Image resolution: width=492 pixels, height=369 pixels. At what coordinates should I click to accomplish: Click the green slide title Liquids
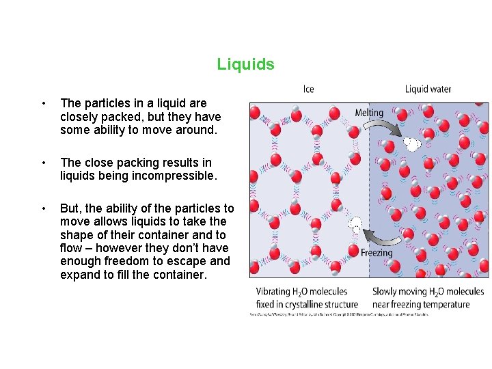pyautogui.click(x=245, y=64)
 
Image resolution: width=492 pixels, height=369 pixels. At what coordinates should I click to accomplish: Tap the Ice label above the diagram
pyautogui.click(x=309, y=89)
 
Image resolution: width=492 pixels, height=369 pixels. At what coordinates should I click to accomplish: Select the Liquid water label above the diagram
pyautogui.click(x=428, y=89)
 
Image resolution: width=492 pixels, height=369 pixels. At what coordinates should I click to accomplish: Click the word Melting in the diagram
pyautogui.click(x=369, y=113)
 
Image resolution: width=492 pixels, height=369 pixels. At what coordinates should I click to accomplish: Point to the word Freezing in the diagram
pyautogui.click(x=377, y=252)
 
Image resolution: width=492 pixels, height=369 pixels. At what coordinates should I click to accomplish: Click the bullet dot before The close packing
pyautogui.click(x=43, y=163)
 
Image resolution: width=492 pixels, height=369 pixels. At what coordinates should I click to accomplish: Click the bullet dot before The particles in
pyautogui.click(x=43, y=104)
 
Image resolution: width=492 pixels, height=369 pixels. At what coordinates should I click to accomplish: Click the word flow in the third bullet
pyautogui.click(x=71, y=248)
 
